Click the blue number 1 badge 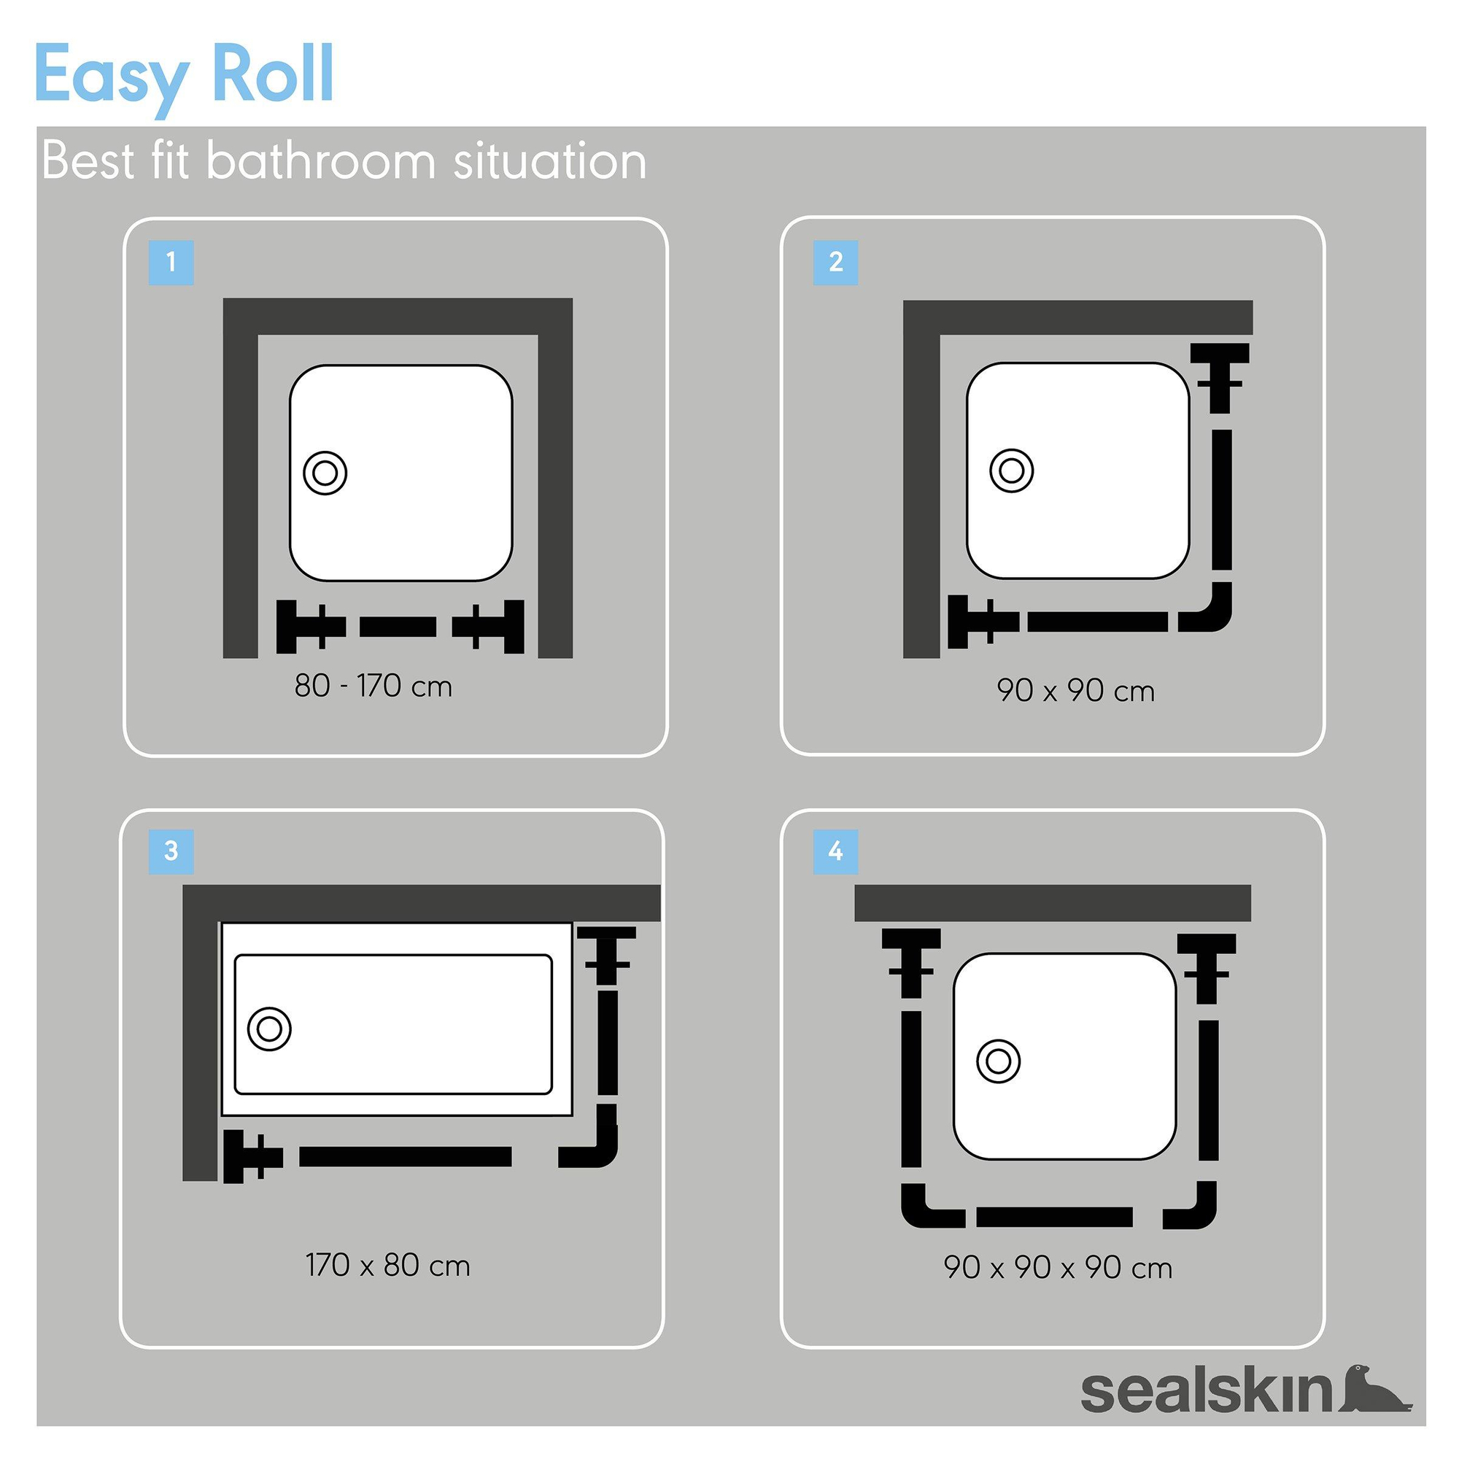click(x=171, y=263)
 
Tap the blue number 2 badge click(x=835, y=263)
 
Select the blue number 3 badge click(x=171, y=852)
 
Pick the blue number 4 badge click(x=835, y=852)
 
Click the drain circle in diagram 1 click(x=325, y=473)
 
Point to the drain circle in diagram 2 click(x=1011, y=471)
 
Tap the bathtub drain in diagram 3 click(x=270, y=1029)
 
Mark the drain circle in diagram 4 click(x=999, y=1061)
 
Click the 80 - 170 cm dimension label click(x=373, y=686)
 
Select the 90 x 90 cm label click(x=1075, y=691)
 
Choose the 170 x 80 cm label click(x=387, y=1266)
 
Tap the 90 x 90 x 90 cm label click(x=1057, y=1268)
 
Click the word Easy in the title click(x=111, y=76)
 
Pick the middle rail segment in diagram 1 click(x=398, y=627)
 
